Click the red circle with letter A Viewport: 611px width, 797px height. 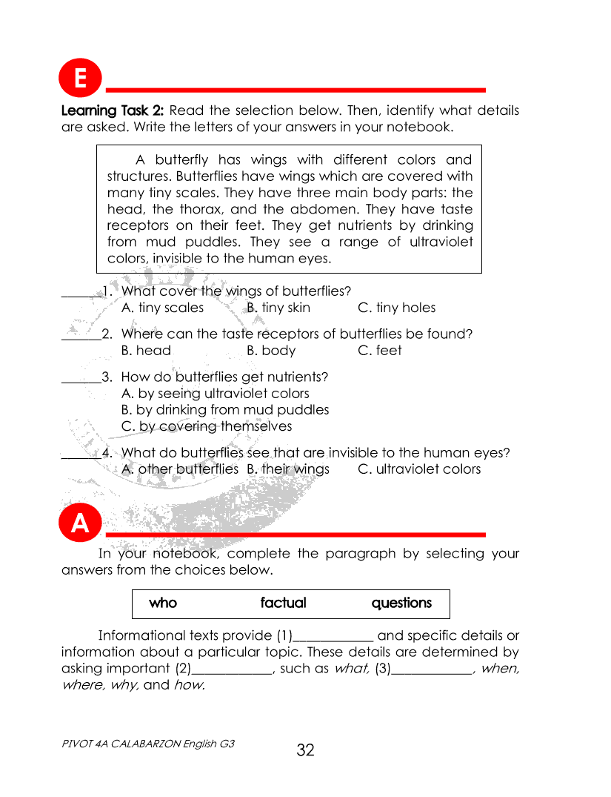[x=79, y=523]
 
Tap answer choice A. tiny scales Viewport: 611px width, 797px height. [x=162, y=308]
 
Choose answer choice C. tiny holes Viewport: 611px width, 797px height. [x=396, y=308]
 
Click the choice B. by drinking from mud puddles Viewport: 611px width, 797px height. [x=225, y=410]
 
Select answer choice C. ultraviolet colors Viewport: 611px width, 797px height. [x=419, y=469]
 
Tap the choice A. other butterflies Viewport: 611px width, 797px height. [x=179, y=469]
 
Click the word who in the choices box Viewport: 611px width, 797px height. [x=163, y=603]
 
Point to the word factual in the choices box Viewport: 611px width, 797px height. [x=283, y=603]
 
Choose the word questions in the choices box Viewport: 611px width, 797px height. [x=401, y=603]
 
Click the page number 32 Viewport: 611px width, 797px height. [x=305, y=750]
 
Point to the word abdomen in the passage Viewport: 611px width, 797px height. [x=318, y=209]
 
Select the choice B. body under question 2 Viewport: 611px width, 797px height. [x=271, y=351]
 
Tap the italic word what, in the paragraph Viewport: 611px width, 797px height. [x=352, y=669]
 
